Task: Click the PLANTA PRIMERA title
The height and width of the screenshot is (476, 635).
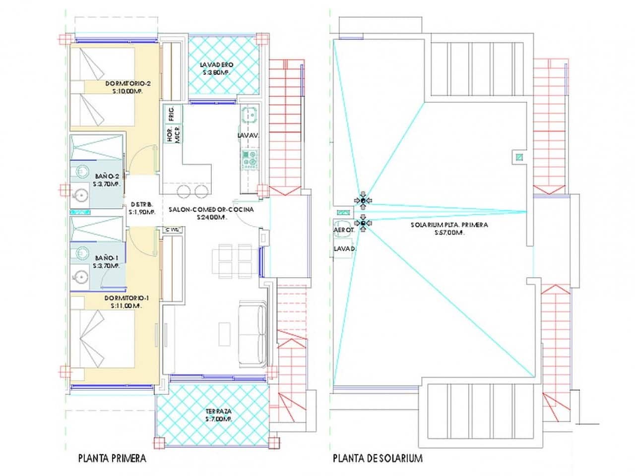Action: [x=112, y=458]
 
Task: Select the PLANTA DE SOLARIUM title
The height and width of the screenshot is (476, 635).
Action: [x=378, y=458]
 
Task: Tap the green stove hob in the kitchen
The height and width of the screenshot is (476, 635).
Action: [x=250, y=159]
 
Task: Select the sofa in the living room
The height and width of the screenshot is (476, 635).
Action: [x=253, y=333]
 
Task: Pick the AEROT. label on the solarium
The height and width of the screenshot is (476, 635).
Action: [x=343, y=231]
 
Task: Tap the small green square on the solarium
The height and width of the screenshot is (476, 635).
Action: [x=519, y=158]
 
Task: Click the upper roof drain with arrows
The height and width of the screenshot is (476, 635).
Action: [x=363, y=200]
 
